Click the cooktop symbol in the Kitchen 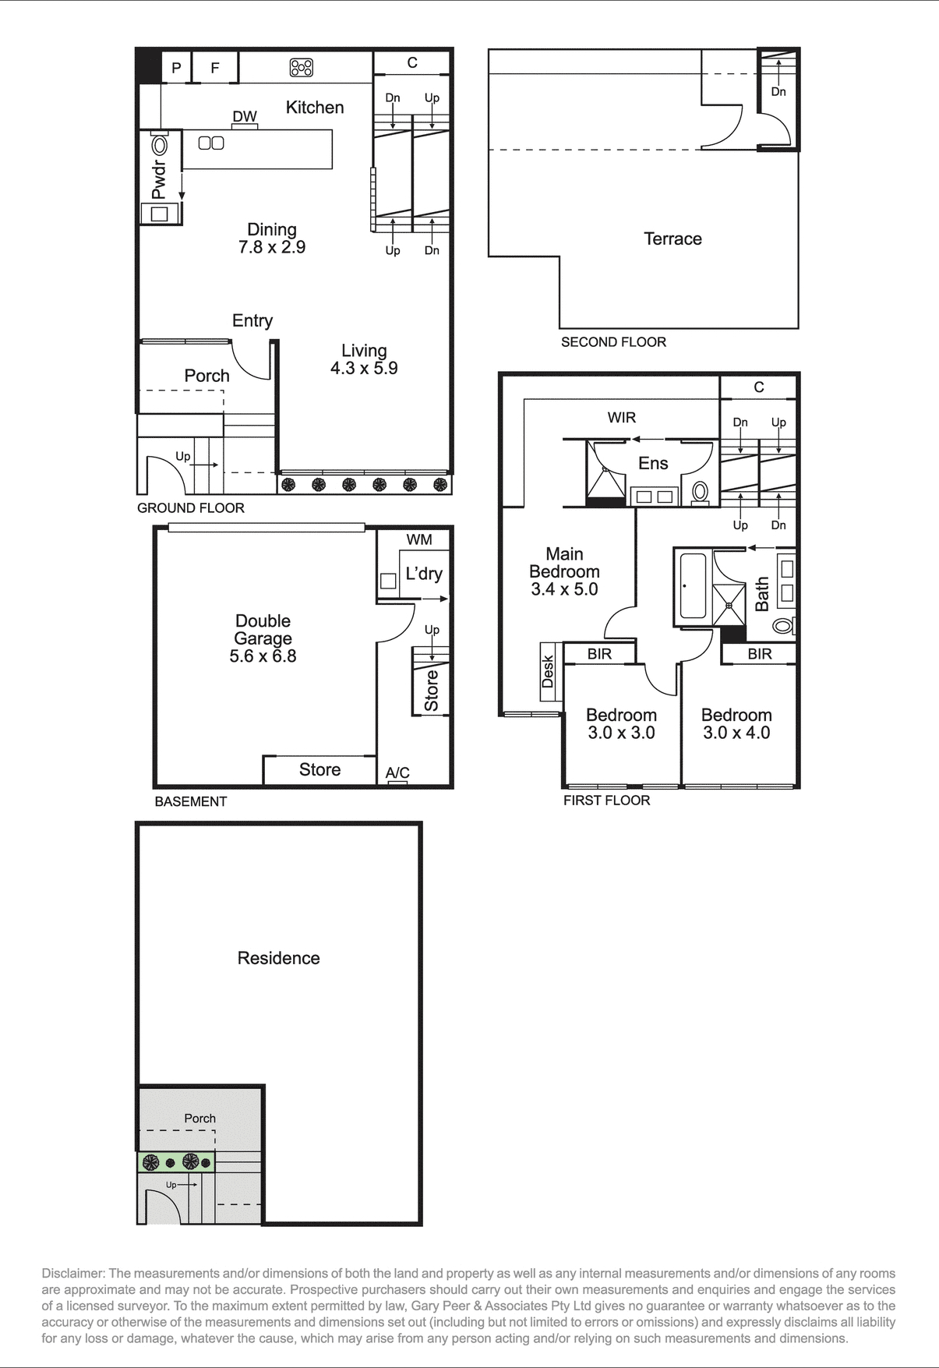tap(302, 68)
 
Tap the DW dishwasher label tap(245, 116)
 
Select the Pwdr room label tap(159, 180)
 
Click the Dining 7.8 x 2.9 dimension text tap(272, 247)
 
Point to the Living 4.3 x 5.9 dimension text tap(364, 368)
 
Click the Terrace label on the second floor tap(672, 239)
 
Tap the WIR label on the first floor tap(621, 418)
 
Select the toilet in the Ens tap(700, 492)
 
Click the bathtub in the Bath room tap(693, 585)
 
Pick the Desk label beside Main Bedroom tap(548, 672)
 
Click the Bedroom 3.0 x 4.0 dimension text tap(736, 733)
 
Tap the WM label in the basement tap(418, 539)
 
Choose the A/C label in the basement tap(397, 772)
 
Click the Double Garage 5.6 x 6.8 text tap(263, 639)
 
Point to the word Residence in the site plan tap(278, 958)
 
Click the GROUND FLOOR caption tap(191, 508)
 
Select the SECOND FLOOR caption tap(613, 342)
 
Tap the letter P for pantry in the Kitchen tap(176, 68)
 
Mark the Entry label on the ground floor tap(252, 320)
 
